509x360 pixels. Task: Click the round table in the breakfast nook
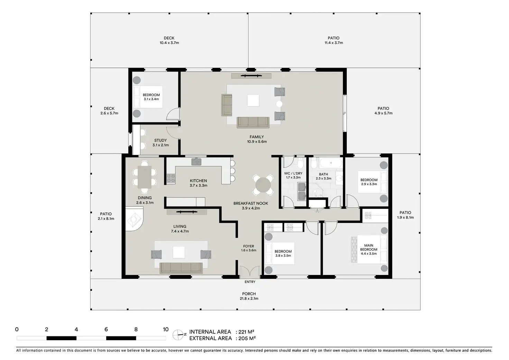[x=263, y=185]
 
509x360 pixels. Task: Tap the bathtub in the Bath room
[x=331, y=163]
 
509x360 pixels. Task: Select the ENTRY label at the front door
[x=250, y=282]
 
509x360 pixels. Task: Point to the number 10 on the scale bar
[x=166, y=329]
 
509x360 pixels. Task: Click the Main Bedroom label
[x=369, y=249]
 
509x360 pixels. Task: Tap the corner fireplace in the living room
[x=134, y=219]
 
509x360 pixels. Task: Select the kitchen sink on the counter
[x=196, y=161]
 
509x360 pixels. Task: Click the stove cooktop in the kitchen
[x=171, y=178]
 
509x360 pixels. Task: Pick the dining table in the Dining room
[x=145, y=177]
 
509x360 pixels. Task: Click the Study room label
[x=160, y=143]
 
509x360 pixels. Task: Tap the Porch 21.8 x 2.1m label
[x=249, y=296]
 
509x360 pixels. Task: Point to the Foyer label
[x=249, y=248]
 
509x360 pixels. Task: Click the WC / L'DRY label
[x=293, y=175]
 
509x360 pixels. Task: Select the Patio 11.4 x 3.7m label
[x=334, y=40]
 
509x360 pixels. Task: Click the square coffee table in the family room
[x=253, y=100]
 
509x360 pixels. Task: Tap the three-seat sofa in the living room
[x=181, y=268]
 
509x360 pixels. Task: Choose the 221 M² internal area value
[x=246, y=332]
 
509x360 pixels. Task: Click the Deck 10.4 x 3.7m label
[x=169, y=40]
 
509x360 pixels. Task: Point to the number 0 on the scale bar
[x=17, y=329]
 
